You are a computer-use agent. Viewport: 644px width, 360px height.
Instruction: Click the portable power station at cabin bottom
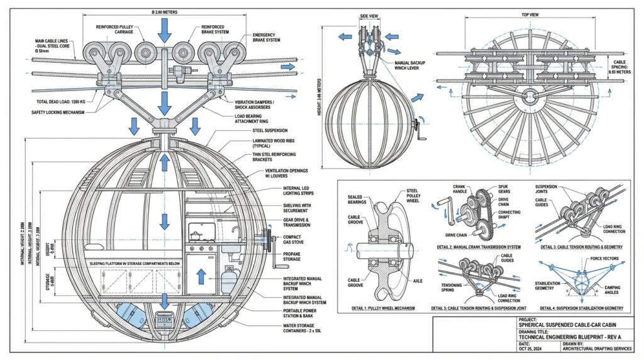[x=164, y=322]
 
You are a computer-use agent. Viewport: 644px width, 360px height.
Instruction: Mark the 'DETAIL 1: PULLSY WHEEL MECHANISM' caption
[x=380, y=308]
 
